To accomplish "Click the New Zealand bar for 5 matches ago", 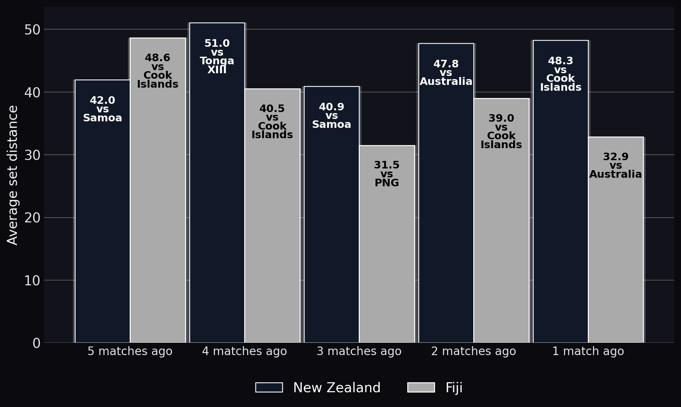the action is tap(102, 211).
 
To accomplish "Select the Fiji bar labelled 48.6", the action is tap(158, 190).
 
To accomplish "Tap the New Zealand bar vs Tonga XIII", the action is tap(217, 183).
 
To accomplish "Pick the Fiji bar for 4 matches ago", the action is tap(272, 216).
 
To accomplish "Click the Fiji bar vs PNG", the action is tap(387, 244).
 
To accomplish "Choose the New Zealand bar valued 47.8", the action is tap(446, 193).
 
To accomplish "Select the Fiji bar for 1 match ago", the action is tap(616, 240).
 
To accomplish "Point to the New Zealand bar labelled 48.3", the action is tap(561, 191).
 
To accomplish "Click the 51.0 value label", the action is tap(217, 44).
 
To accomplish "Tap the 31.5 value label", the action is tap(387, 165).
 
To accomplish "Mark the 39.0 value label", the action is tap(501, 119).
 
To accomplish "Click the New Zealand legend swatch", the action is tap(269, 387).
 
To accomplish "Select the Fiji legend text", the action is tap(454, 388).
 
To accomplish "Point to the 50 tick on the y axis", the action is tap(32, 30).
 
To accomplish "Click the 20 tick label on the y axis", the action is tap(32, 218).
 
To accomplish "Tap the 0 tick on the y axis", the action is tap(36, 343).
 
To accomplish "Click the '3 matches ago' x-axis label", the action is tap(359, 351).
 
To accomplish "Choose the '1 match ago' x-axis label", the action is tap(588, 351).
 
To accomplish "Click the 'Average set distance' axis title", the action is tap(13, 175).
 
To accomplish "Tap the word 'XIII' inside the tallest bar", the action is tap(217, 70).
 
